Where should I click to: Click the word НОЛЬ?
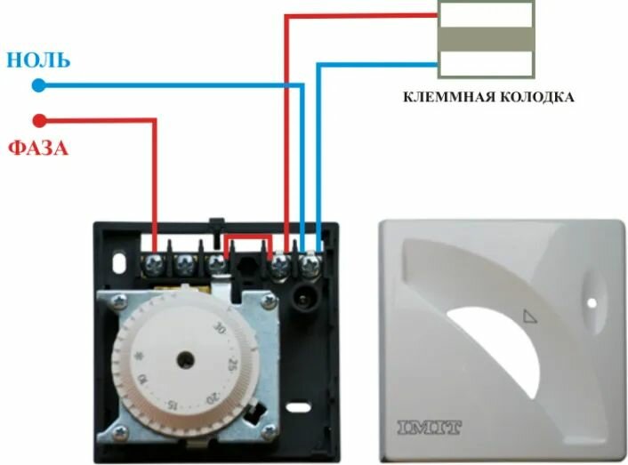[38, 60]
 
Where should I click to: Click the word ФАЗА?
[38, 148]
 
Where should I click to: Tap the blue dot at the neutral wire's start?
[38, 85]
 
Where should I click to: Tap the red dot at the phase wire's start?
[38, 120]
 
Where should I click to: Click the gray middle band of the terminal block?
[486, 40]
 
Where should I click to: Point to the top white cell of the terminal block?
[486, 14]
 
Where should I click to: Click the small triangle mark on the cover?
[531, 314]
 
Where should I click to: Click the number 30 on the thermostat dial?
[219, 327]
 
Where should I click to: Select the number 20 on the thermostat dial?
[211, 397]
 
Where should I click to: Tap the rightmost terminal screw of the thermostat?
[310, 263]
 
